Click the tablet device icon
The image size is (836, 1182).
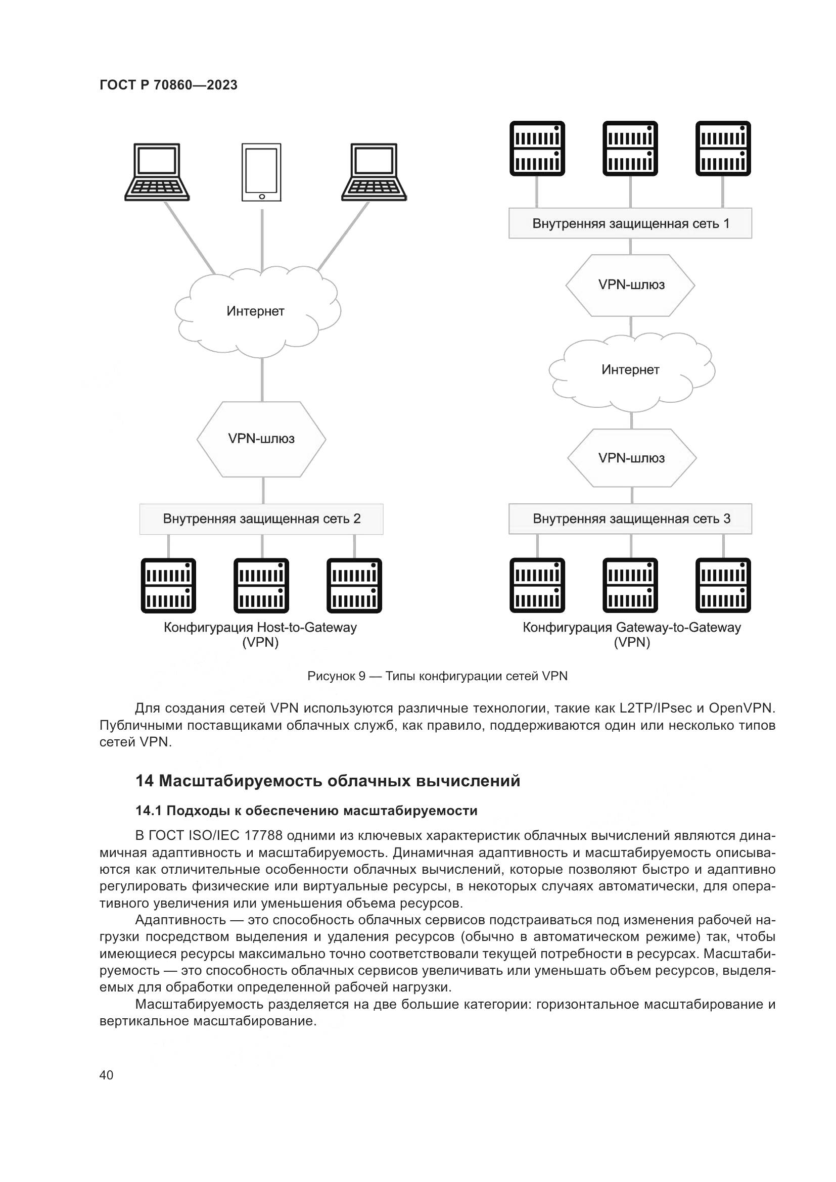click(261, 172)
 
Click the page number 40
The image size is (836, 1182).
click(106, 1075)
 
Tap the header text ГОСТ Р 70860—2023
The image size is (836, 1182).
click(168, 85)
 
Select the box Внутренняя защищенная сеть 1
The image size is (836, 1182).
click(630, 223)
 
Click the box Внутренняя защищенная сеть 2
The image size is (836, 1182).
click(261, 518)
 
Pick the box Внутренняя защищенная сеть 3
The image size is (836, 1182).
click(630, 518)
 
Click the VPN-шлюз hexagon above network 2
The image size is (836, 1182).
click(261, 439)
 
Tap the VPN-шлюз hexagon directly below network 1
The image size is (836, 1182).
click(631, 285)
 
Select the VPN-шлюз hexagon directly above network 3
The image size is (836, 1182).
click(632, 458)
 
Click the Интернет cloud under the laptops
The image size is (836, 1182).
click(256, 311)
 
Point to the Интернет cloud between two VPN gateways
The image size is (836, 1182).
click(631, 369)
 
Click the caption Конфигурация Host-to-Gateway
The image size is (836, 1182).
click(260, 628)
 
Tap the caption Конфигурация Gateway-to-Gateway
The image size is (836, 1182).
click(632, 628)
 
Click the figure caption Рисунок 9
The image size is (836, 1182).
click(437, 676)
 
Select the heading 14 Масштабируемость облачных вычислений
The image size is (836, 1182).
click(328, 781)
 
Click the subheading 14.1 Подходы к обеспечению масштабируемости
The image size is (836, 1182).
click(306, 811)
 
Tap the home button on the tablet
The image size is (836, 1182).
click(261, 196)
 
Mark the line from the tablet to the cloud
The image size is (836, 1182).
click(262, 240)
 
